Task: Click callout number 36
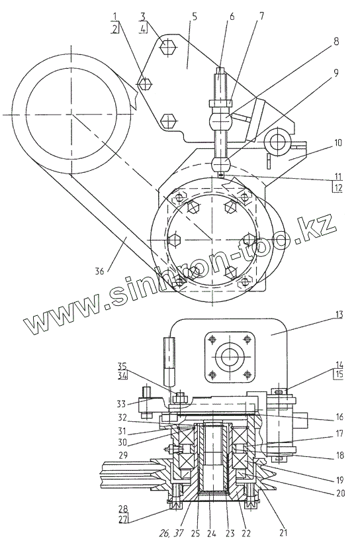coord(100,271)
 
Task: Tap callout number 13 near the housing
coord(339,315)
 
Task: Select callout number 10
coord(338,142)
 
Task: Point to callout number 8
coord(336,42)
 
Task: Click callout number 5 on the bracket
coord(194,17)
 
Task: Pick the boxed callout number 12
coord(338,187)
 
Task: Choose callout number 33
coord(121,405)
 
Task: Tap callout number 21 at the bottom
coord(283,532)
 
